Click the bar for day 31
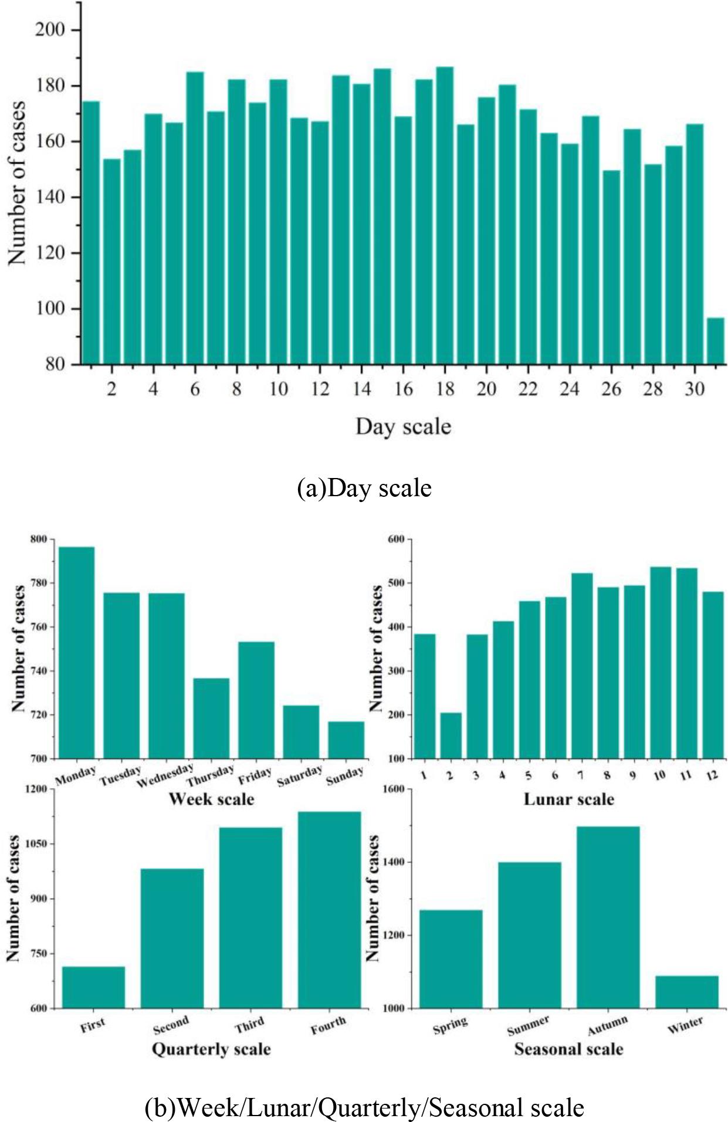(716, 340)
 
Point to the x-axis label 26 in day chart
(611, 389)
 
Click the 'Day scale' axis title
(403, 426)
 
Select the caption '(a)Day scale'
(364, 488)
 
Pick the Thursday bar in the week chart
(211, 718)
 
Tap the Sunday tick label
(345, 776)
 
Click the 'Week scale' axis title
(211, 799)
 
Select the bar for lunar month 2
(451, 735)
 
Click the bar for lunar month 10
(661, 663)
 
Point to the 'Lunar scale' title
(568, 799)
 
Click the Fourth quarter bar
(329, 910)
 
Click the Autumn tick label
(608, 1026)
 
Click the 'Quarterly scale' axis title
(211, 1049)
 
